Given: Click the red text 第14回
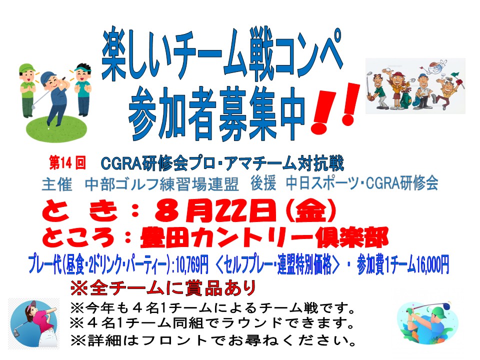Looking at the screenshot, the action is pyautogui.click(x=67, y=162).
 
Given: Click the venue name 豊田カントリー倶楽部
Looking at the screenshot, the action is pyautogui.click(x=264, y=237).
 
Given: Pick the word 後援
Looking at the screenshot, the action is pyautogui.click(x=263, y=184).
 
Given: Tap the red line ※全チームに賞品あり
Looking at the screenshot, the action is pyautogui.click(x=163, y=288).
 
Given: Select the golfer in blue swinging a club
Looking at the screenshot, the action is pyautogui.click(x=54, y=98).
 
